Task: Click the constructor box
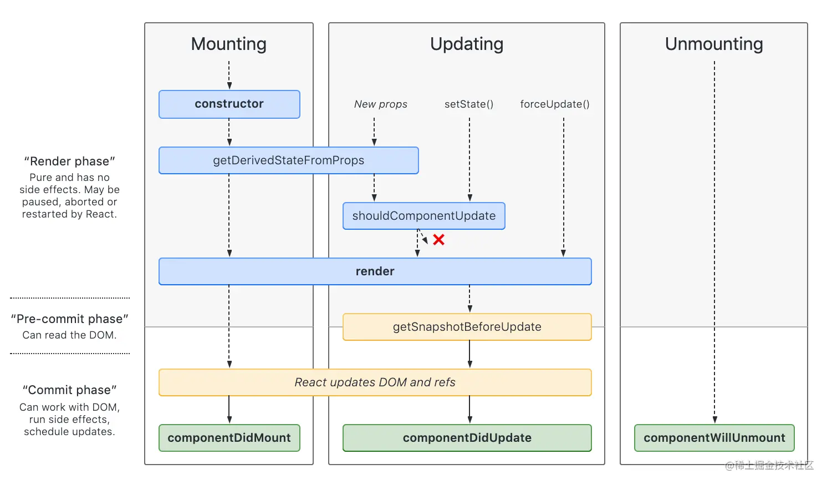229,104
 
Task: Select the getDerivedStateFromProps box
289,160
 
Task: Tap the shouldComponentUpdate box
424,216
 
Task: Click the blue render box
375,271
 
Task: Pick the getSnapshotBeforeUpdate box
467,327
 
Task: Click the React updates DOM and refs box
375,382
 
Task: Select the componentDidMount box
229,438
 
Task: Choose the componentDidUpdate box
467,438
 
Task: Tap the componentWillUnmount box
714,438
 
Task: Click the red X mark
438,240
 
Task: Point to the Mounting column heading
228,44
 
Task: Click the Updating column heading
467,44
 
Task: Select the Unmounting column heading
714,44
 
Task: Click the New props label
381,104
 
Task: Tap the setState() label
469,104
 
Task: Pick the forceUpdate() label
554,104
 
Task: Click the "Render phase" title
69,161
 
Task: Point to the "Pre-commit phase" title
69,319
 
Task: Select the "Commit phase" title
69,390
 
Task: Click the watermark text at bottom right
769,465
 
